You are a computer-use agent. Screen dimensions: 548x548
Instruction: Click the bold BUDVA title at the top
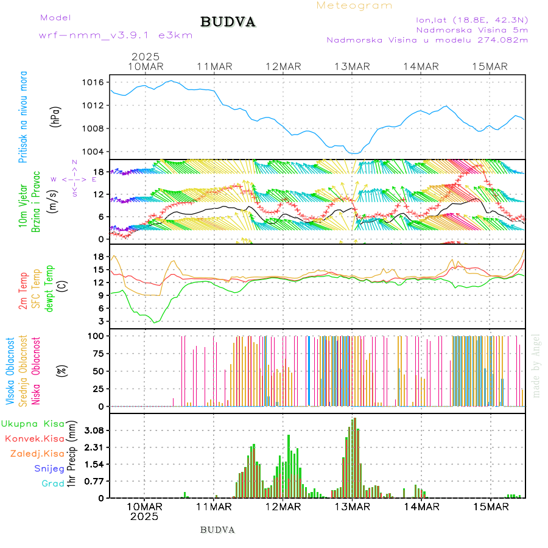click(x=228, y=22)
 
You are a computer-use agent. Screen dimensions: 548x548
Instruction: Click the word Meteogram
click(x=354, y=5)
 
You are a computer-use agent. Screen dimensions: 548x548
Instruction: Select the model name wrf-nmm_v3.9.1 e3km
click(x=116, y=35)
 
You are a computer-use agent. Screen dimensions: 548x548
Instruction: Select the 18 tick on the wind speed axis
click(x=99, y=172)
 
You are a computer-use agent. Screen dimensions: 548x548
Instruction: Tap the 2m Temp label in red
click(x=23, y=292)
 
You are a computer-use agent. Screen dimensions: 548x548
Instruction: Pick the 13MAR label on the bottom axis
click(x=351, y=507)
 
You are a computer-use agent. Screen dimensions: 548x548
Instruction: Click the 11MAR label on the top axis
click(x=214, y=66)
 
